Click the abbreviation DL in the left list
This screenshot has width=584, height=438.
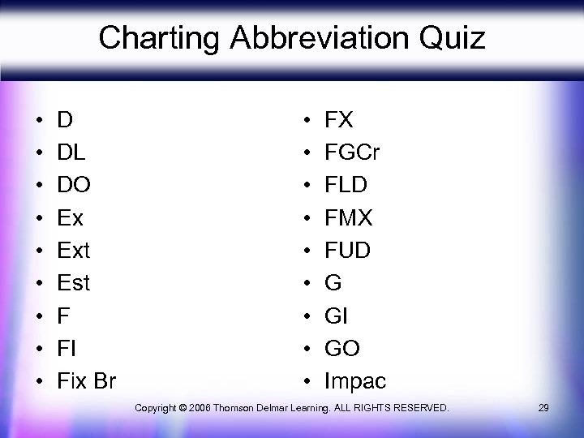point(71,152)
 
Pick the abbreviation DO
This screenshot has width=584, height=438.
point(74,185)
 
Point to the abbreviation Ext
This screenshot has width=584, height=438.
point(73,250)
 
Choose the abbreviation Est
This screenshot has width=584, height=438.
point(73,283)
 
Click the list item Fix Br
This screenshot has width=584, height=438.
point(87,380)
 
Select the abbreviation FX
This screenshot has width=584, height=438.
point(338,120)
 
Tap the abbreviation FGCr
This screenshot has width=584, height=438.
point(352,152)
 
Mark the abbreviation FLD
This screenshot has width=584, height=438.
point(346,185)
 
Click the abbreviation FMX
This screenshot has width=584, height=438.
point(348,217)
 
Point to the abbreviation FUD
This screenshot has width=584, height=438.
point(347,250)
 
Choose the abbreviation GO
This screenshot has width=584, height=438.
point(341,348)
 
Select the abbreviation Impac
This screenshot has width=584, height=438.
point(355,380)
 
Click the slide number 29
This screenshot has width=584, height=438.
point(543,407)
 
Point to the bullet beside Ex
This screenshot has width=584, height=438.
point(39,218)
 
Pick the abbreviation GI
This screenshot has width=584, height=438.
point(336,316)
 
